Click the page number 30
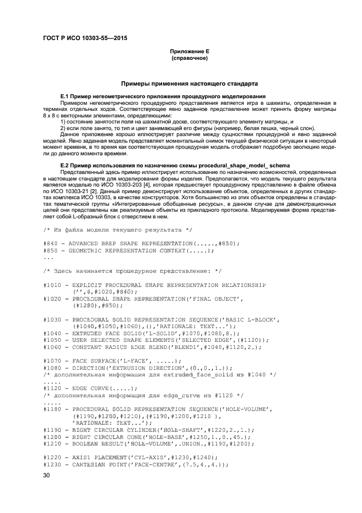pos(47,476)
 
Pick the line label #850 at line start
pos(50,250)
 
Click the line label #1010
pos(53,285)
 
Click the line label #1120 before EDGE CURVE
pos(53,388)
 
